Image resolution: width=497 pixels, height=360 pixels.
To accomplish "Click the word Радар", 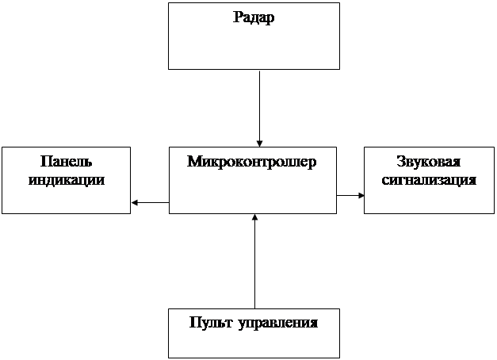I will coord(254,17).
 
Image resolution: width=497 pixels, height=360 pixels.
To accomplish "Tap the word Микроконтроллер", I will coord(252,162).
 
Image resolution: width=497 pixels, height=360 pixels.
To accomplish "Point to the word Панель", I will coord(67,162).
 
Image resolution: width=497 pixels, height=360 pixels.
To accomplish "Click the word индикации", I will coord(67,179).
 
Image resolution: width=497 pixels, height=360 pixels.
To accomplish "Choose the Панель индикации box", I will coord(67,198).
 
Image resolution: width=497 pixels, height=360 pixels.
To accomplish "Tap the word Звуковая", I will coord(429,162).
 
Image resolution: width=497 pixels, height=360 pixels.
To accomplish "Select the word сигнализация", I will coord(429,179).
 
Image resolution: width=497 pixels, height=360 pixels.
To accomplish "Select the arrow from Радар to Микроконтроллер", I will coord(259,103).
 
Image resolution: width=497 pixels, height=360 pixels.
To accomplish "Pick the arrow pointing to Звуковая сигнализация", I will coord(350,194).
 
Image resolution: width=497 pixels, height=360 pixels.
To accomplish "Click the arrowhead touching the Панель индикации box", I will coord(135,202).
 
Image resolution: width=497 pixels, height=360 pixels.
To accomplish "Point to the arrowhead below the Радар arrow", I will coord(259,141).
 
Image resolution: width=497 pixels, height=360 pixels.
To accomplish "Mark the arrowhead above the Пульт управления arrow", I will coord(254,218).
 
